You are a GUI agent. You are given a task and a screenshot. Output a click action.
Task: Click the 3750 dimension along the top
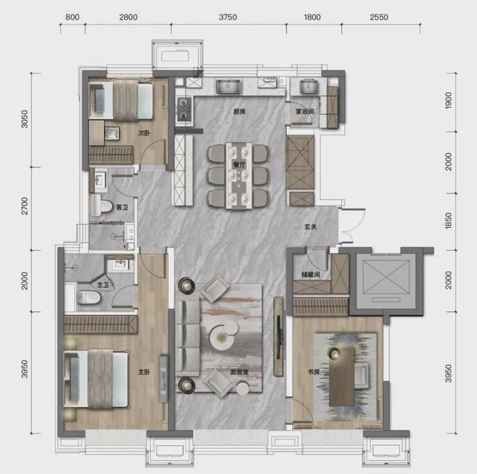228,17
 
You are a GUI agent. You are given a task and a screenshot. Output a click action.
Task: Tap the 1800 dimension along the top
312,17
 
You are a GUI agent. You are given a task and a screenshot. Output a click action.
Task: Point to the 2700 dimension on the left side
25,206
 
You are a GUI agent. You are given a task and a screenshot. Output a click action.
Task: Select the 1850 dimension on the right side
448,221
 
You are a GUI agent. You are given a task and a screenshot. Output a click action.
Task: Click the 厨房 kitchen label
239,112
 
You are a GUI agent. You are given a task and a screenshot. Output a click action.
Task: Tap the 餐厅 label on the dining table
239,165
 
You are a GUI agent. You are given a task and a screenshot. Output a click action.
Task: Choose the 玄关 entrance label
311,227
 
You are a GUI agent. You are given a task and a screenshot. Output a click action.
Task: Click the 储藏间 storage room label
311,275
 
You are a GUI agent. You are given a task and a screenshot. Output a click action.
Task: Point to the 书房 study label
314,372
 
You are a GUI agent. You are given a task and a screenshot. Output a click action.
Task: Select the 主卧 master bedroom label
145,372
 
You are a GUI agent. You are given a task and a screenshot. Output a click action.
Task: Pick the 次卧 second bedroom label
144,133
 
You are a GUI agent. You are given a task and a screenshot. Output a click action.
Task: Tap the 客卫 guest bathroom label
122,207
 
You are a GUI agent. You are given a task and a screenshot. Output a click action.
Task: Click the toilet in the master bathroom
88,297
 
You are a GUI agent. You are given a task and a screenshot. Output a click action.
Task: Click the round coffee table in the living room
222,337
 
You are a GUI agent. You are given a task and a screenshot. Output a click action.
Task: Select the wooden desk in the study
342,376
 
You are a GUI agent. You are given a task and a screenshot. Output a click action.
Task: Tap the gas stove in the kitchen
184,109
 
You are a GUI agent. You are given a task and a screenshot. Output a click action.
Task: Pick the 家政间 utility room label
305,112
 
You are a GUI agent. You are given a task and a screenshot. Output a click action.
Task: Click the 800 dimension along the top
72,17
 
